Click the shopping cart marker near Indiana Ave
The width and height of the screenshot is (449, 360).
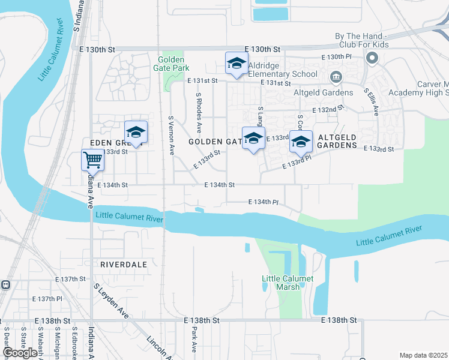(x=93, y=160)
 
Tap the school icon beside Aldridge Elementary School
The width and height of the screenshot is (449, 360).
(x=237, y=64)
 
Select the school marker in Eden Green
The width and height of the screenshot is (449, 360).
(x=136, y=132)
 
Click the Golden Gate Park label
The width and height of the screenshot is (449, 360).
(x=173, y=64)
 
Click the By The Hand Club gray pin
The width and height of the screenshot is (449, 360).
(x=372, y=58)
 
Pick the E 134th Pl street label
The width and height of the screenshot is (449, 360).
(x=263, y=203)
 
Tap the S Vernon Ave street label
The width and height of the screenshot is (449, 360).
(x=171, y=136)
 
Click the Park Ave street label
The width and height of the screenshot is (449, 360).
(x=194, y=339)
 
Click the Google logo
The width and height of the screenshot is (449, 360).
(x=20, y=353)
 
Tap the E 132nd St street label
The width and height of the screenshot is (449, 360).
(x=328, y=110)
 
